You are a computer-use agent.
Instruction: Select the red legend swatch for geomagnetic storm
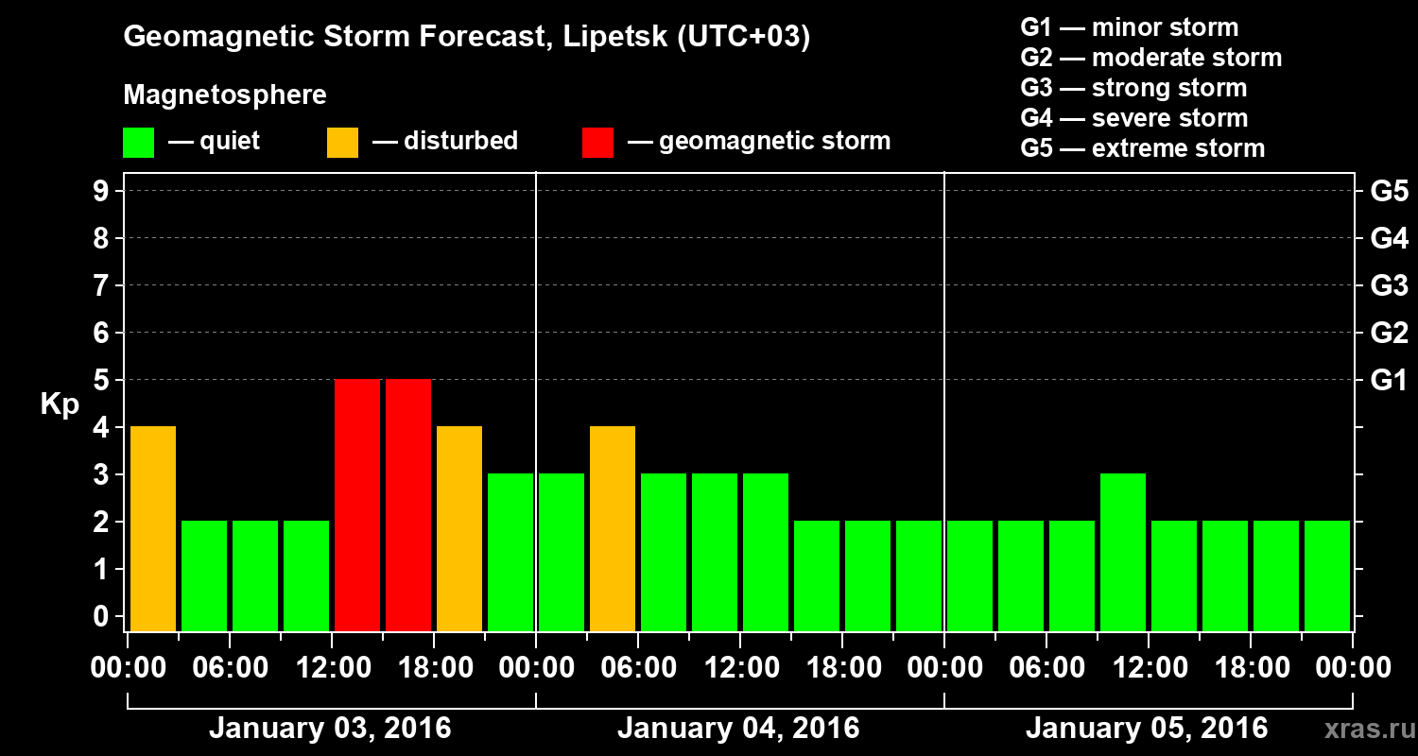pyautogui.click(x=597, y=142)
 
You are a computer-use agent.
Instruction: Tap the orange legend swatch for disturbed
pyautogui.click(x=342, y=142)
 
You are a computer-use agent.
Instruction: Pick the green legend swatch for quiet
pyautogui.click(x=139, y=142)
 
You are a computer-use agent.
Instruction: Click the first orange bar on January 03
pyautogui.click(x=153, y=528)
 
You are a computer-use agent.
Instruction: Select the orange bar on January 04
pyautogui.click(x=613, y=528)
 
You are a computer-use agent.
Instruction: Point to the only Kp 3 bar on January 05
pyautogui.click(x=1123, y=552)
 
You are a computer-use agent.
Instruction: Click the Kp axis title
pyautogui.click(x=59, y=404)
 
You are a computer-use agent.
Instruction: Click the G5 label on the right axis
pyautogui.click(x=1389, y=192)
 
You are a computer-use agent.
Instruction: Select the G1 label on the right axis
pyautogui.click(x=1389, y=381)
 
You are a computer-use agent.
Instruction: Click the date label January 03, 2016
pyautogui.click(x=330, y=729)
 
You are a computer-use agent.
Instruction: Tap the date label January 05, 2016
pyautogui.click(x=1147, y=729)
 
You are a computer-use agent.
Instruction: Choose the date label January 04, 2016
pyautogui.click(x=738, y=729)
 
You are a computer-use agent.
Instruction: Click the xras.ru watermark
pyautogui.click(x=1362, y=730)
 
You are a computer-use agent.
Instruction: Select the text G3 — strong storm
pyautogui.click(x=1133, y=88)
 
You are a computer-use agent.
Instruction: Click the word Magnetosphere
pyautogui.click(x=225, y=95)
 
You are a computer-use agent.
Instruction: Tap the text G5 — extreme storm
pyautogui.click(x=1142, y=148)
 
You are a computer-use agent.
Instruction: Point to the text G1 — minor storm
pyautogui.click(x=1129, y=27)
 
